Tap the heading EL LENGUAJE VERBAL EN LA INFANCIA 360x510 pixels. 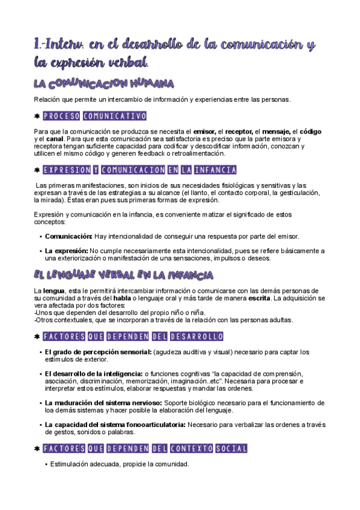123,275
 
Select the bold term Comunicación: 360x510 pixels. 69,236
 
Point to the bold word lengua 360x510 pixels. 54,291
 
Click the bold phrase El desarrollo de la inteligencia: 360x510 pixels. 94,373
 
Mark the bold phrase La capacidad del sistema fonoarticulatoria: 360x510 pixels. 115,424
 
